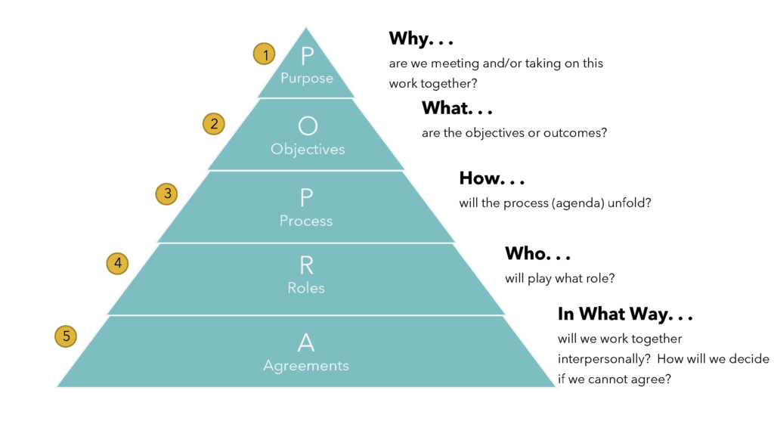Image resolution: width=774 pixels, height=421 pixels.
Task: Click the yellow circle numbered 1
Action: [264, 54]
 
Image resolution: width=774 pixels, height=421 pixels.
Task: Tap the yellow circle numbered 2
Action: [214, 124]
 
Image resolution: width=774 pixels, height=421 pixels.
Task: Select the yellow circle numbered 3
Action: [167, 193]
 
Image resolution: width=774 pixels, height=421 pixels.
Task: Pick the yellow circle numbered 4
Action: [117, 264]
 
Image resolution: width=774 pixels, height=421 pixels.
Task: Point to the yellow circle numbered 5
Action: [66, 336]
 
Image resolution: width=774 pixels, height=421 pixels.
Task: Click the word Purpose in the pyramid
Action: [307, 79]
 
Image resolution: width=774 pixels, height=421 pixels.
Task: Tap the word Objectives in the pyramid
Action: [308, 149]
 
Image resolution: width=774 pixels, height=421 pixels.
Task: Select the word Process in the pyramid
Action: [306, 221]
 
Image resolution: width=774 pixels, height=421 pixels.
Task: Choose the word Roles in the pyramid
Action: [306, 288]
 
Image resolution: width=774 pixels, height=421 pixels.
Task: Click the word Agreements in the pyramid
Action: [306, 366]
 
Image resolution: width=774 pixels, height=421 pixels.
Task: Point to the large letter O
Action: [308, 126]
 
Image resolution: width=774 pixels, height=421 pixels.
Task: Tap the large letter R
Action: [306, 265]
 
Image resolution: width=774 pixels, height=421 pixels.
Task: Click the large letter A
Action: [306, 342]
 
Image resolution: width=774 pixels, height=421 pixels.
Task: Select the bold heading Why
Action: [410, 39]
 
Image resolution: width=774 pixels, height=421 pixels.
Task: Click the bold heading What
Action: [447, 108]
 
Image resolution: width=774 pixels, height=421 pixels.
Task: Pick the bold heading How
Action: [479, 178]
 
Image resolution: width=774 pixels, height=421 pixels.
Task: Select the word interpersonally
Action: [604, 359]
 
